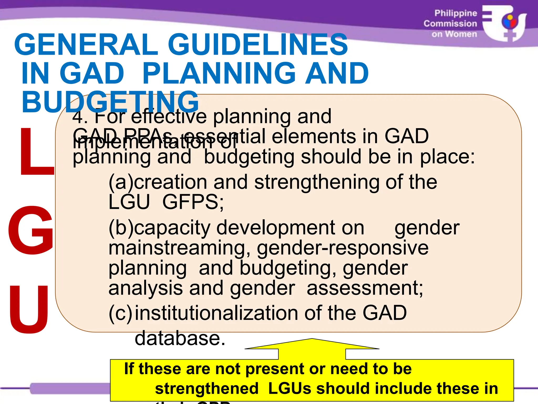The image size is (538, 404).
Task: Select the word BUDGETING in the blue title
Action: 110,102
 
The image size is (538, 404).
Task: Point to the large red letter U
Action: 29,310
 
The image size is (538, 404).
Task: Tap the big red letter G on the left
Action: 31,230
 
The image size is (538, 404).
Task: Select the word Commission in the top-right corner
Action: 450,24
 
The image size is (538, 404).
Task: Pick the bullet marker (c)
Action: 121,313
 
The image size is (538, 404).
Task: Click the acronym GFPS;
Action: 193,202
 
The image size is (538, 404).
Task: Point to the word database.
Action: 180,338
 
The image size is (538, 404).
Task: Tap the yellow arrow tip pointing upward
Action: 312,340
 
